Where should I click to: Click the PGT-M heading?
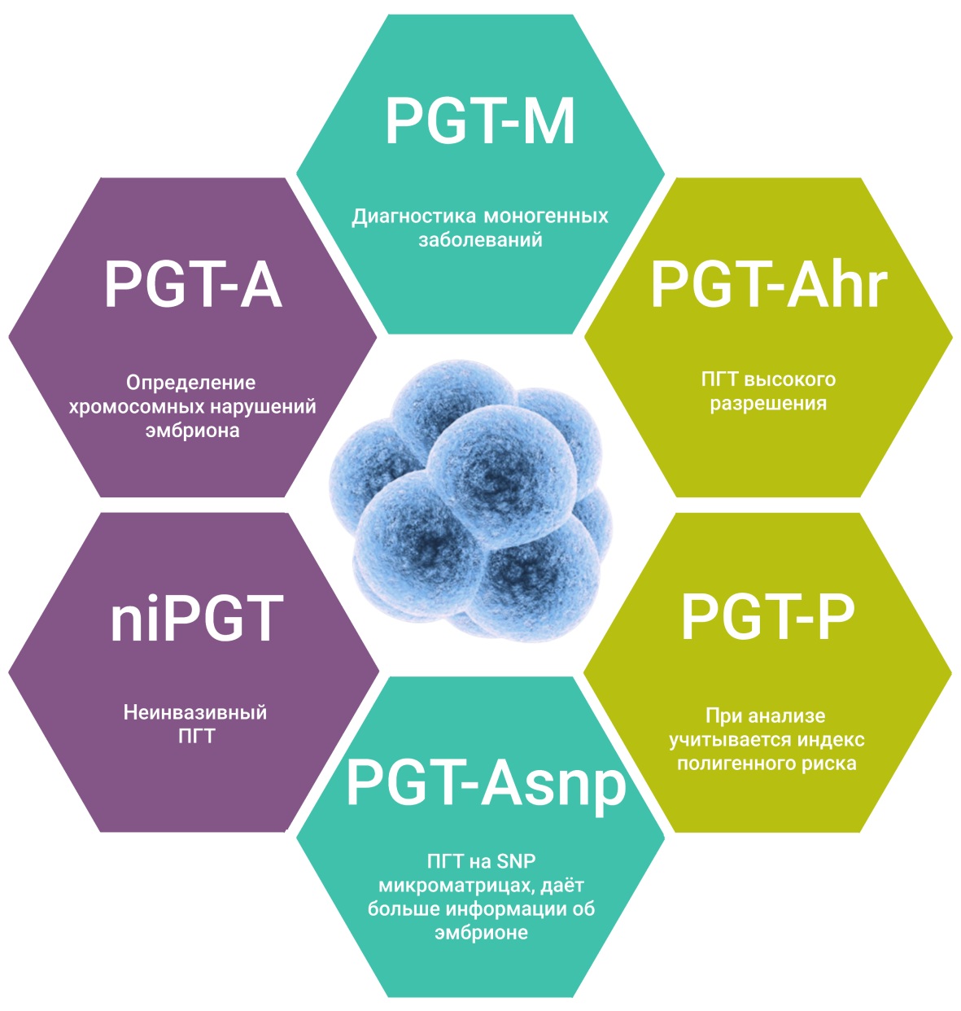(x=480, y=122)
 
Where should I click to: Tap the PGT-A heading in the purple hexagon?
(x=193, y=285)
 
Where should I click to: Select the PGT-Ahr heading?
(x=768, y=285)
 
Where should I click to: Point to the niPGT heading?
(x=196, y=619)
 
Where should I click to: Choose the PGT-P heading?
(x=767, y=617)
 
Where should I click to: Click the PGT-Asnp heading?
(x=486, y=783)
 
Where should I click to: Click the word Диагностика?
(x=414, y=217)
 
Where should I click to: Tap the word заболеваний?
(x=480, y=240)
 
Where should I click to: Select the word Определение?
(x=191, y=383)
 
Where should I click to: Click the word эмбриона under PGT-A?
(x=192, y=430)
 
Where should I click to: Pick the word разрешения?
(x=768, y=403)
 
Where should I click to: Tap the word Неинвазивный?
(x=195, y=712)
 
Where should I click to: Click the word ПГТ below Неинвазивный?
(x=196, y=736)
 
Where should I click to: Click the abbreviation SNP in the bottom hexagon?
(x=516, y=861)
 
